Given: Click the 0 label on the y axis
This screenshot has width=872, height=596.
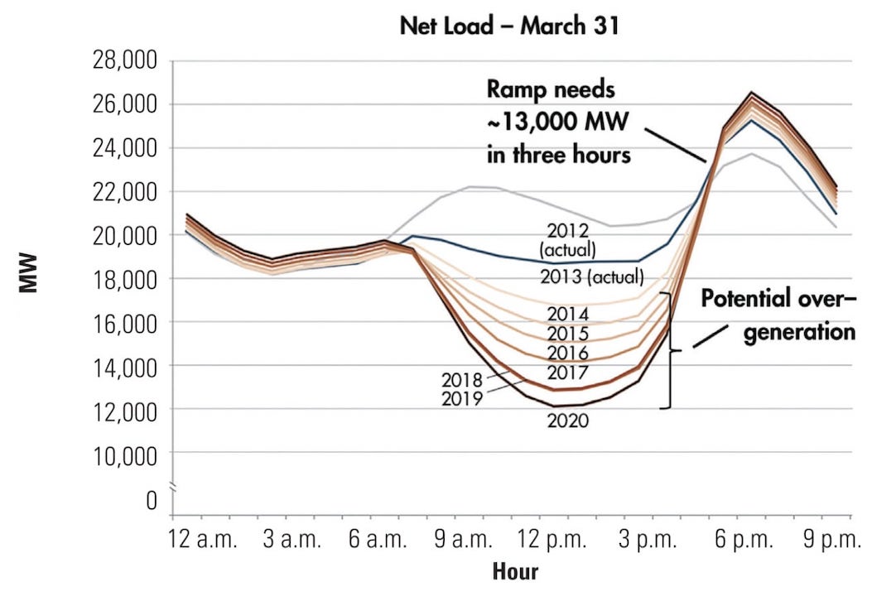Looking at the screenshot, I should tap(151, 500).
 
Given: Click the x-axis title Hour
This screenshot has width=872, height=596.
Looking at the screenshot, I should tap(515, 571).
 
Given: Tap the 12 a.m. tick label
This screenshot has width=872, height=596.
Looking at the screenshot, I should tap(203, 541).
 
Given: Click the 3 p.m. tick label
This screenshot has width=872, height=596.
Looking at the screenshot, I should tap(647, 541).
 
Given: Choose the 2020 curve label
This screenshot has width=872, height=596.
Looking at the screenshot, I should tap(567, 421).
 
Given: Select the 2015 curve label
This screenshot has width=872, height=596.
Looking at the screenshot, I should tap(567, 334).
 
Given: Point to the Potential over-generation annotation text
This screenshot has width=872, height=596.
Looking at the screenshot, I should tap(778, 315).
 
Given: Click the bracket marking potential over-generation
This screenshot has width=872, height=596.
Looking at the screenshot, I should tap(669, 350).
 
